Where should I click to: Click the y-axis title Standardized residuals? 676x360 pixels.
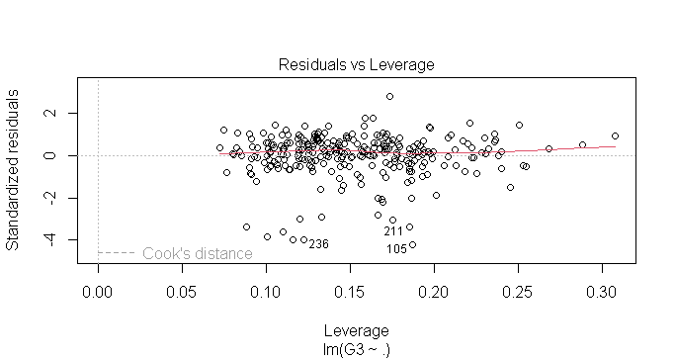[x=14, y=170]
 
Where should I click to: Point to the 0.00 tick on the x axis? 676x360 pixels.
[x=98, y=294]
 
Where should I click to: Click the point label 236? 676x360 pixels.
[x=317, y=243]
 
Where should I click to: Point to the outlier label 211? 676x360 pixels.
[x=393, y=231]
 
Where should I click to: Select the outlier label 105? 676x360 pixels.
[x=396, y=249]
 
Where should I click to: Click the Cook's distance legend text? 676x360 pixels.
[x=197, y=253]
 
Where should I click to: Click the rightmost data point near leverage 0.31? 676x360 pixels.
[x=615, y=135]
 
